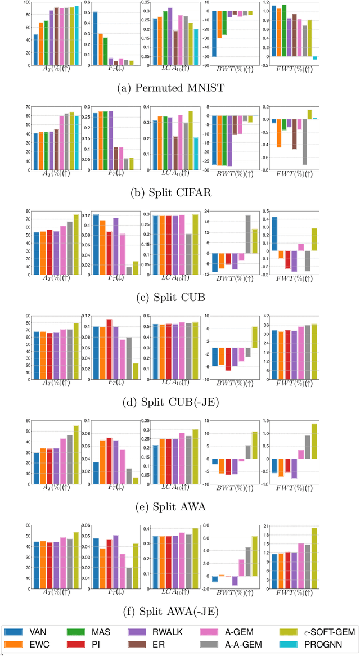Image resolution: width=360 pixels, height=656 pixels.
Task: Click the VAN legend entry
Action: coord(31,631)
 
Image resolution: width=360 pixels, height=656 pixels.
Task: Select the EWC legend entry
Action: coord(31,644)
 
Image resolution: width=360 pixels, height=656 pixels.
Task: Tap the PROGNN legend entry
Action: coord(320,644)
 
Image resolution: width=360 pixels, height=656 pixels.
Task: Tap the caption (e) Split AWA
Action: coord(180,506)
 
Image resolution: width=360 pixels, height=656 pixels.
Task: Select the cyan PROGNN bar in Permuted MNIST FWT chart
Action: coord(315,58)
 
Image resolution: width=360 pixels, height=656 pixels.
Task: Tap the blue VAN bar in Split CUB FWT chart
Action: coord(274,233)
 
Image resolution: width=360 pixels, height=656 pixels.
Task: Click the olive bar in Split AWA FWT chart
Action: coord(314,442)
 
